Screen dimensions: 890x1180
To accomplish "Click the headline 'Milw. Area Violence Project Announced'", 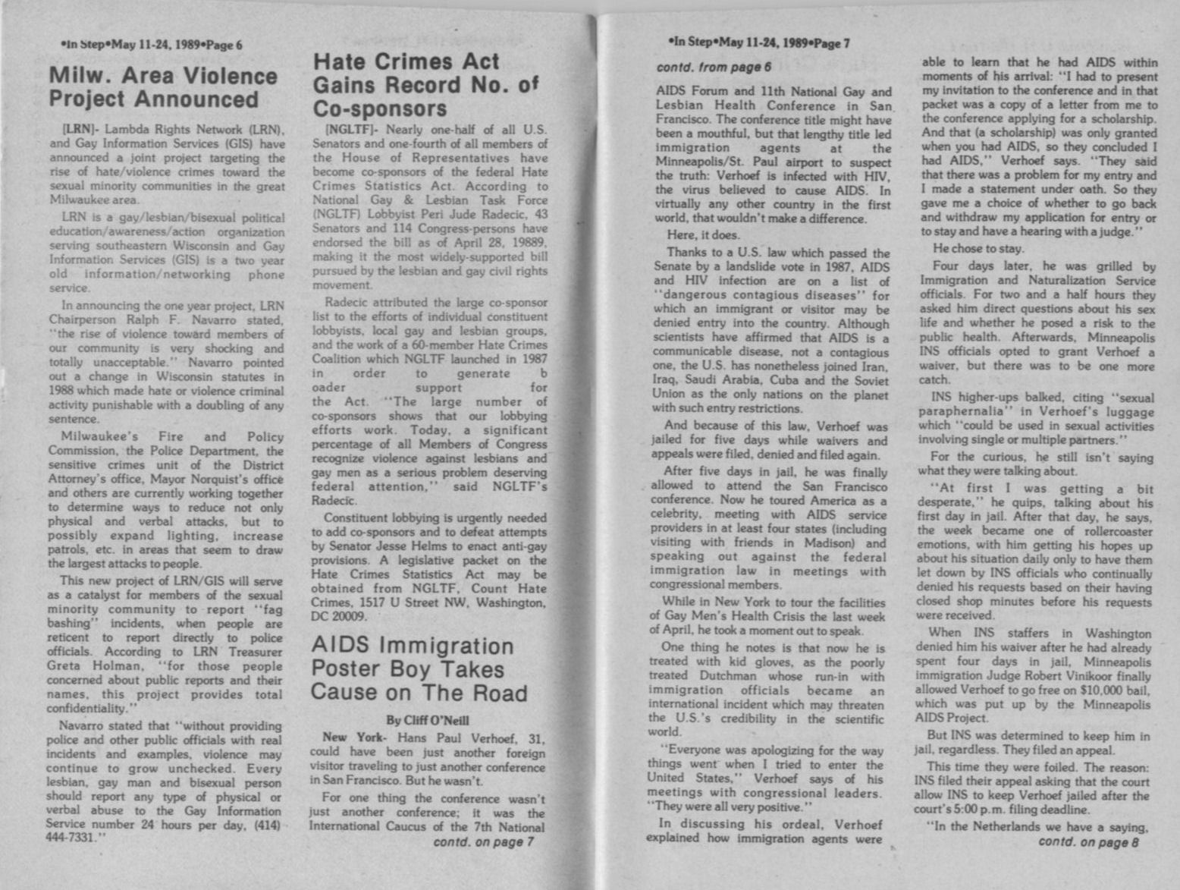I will [x=163, y=88].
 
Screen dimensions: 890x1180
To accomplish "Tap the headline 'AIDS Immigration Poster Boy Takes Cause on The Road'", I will [x=419, y=669].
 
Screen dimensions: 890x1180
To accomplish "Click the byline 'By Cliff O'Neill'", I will [x=428, y=719].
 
